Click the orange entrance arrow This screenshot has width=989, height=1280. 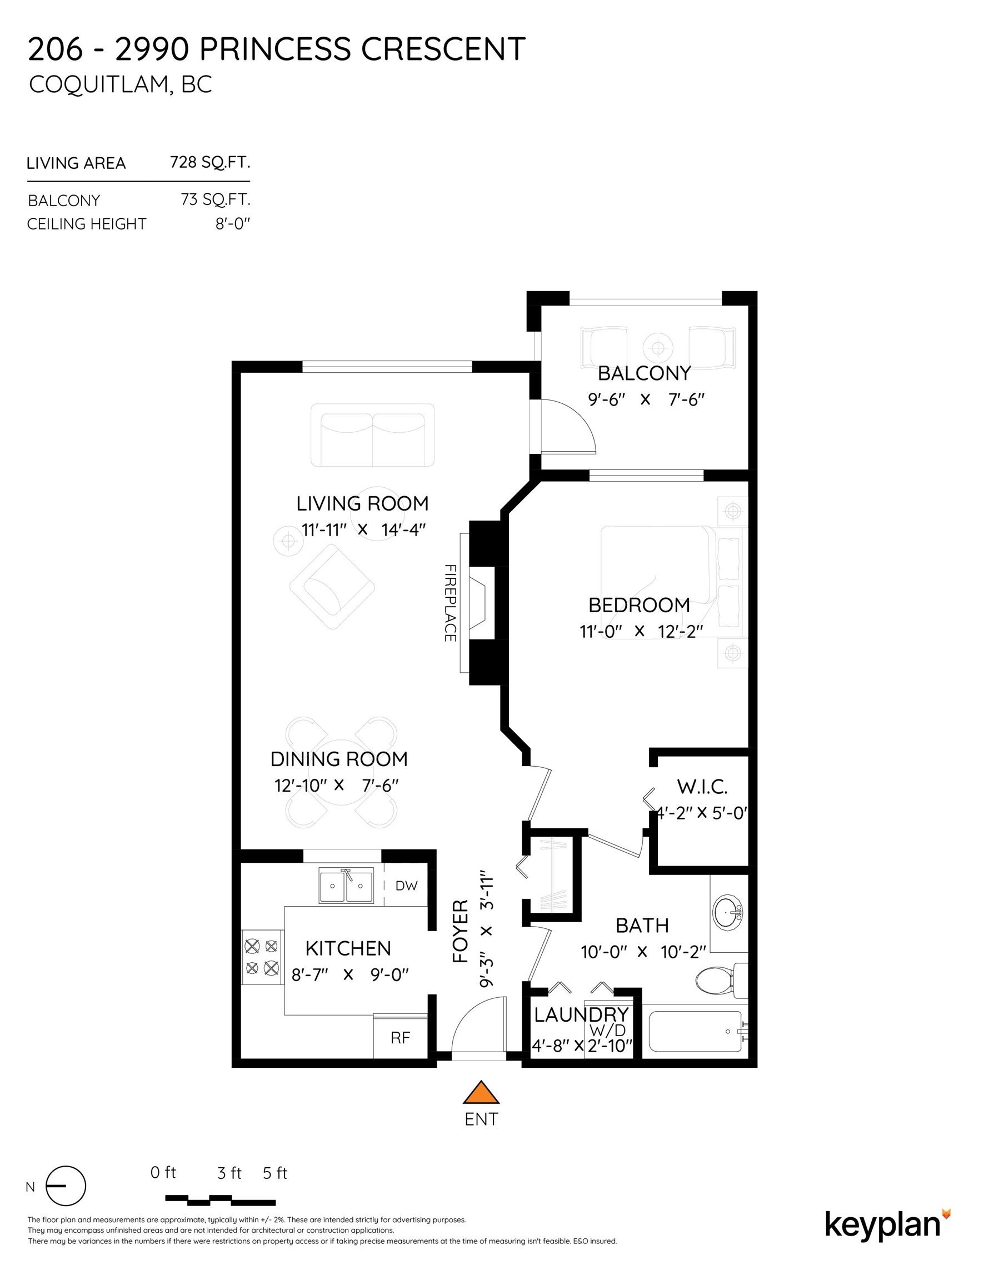pyautogui.click(x=481, y=1092)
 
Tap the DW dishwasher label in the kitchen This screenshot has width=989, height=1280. pyautogui.click(x=406, y=886)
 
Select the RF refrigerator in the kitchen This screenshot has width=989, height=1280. pyautogui.click(x=401, y=1037)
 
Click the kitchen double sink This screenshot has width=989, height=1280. pyautogui.click(x=346, y=886)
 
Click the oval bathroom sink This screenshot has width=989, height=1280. pyautogui.click(x=728, y=913)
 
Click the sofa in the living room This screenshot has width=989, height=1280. pyautogui.click(x=372, y=435)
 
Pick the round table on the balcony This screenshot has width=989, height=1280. pyautogui.click(x=658, y=348)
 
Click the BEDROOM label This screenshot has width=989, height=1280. pyautogui.click(x=639, y=605)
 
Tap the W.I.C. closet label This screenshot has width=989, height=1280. pyautogui.click(x=702, y=787)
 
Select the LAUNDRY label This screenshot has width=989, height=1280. pyautogui.click(x=581, y=1015)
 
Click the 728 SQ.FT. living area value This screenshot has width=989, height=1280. pyautogui.click(x=210, y=162)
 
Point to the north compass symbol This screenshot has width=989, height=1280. pyautogui.click(x=66, y=1186)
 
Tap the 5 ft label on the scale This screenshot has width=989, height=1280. pyautogui.click(x=275, y=1173)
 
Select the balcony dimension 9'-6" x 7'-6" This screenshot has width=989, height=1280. pyautogui.click(x=646, y=399)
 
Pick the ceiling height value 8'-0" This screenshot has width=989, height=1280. pyautogui.click(x=233, y=224)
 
